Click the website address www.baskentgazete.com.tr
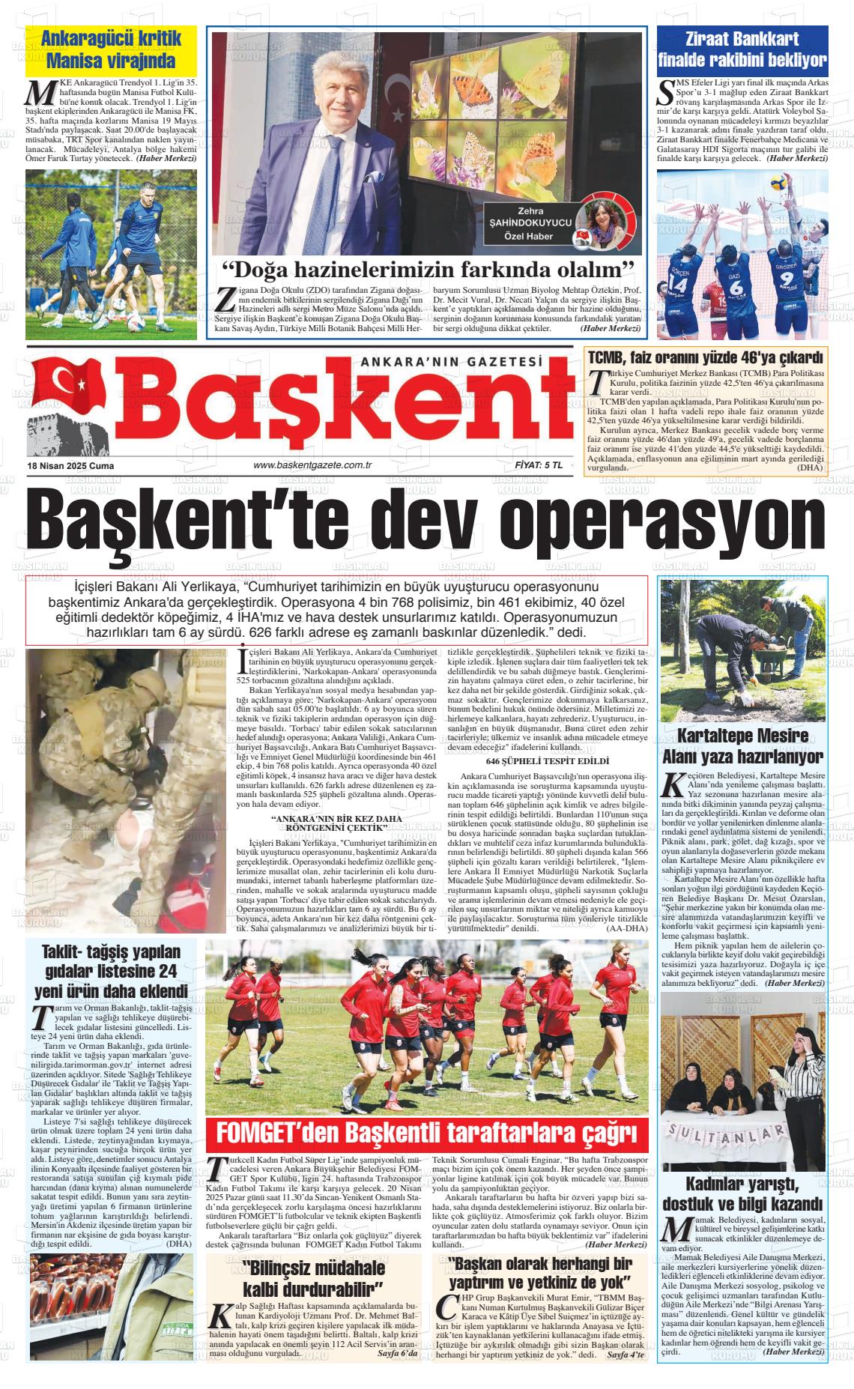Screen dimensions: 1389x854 313,465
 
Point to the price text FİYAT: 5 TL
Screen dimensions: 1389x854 538,465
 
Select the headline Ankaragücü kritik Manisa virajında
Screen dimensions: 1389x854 111,49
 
